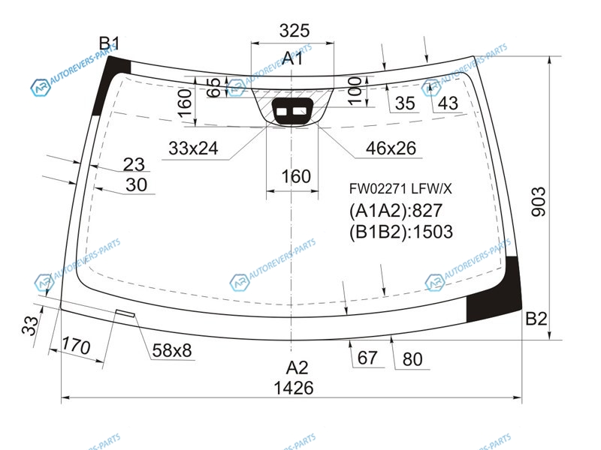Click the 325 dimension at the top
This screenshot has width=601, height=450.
coord(294,31)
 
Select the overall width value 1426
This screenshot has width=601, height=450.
coord(294,388)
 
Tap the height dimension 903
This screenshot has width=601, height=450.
coord(539,202)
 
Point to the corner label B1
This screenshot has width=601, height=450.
coord(109,43)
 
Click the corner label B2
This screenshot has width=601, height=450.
coord(536,318)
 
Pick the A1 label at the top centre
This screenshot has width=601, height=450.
coord(292,58)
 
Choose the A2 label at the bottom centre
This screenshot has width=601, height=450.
coord(297,367)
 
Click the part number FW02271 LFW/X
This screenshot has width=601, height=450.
coord(400,189)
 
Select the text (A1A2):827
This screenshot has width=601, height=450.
coord(396,211)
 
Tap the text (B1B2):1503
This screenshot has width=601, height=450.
coord(401,232)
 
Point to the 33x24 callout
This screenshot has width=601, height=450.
coord(193,148)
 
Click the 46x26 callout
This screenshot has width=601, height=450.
coord(391,148)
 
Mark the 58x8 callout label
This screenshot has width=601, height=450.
coord(172,350)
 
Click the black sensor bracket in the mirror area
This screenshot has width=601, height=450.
coord(292,111)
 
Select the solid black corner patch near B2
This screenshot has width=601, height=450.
coord(495,292)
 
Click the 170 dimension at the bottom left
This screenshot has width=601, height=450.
coord(76,346)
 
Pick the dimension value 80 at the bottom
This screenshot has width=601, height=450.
coord(412,359)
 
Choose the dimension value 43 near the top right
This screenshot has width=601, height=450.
coord(448,103)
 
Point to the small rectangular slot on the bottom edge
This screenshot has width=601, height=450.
coord(125,313)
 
